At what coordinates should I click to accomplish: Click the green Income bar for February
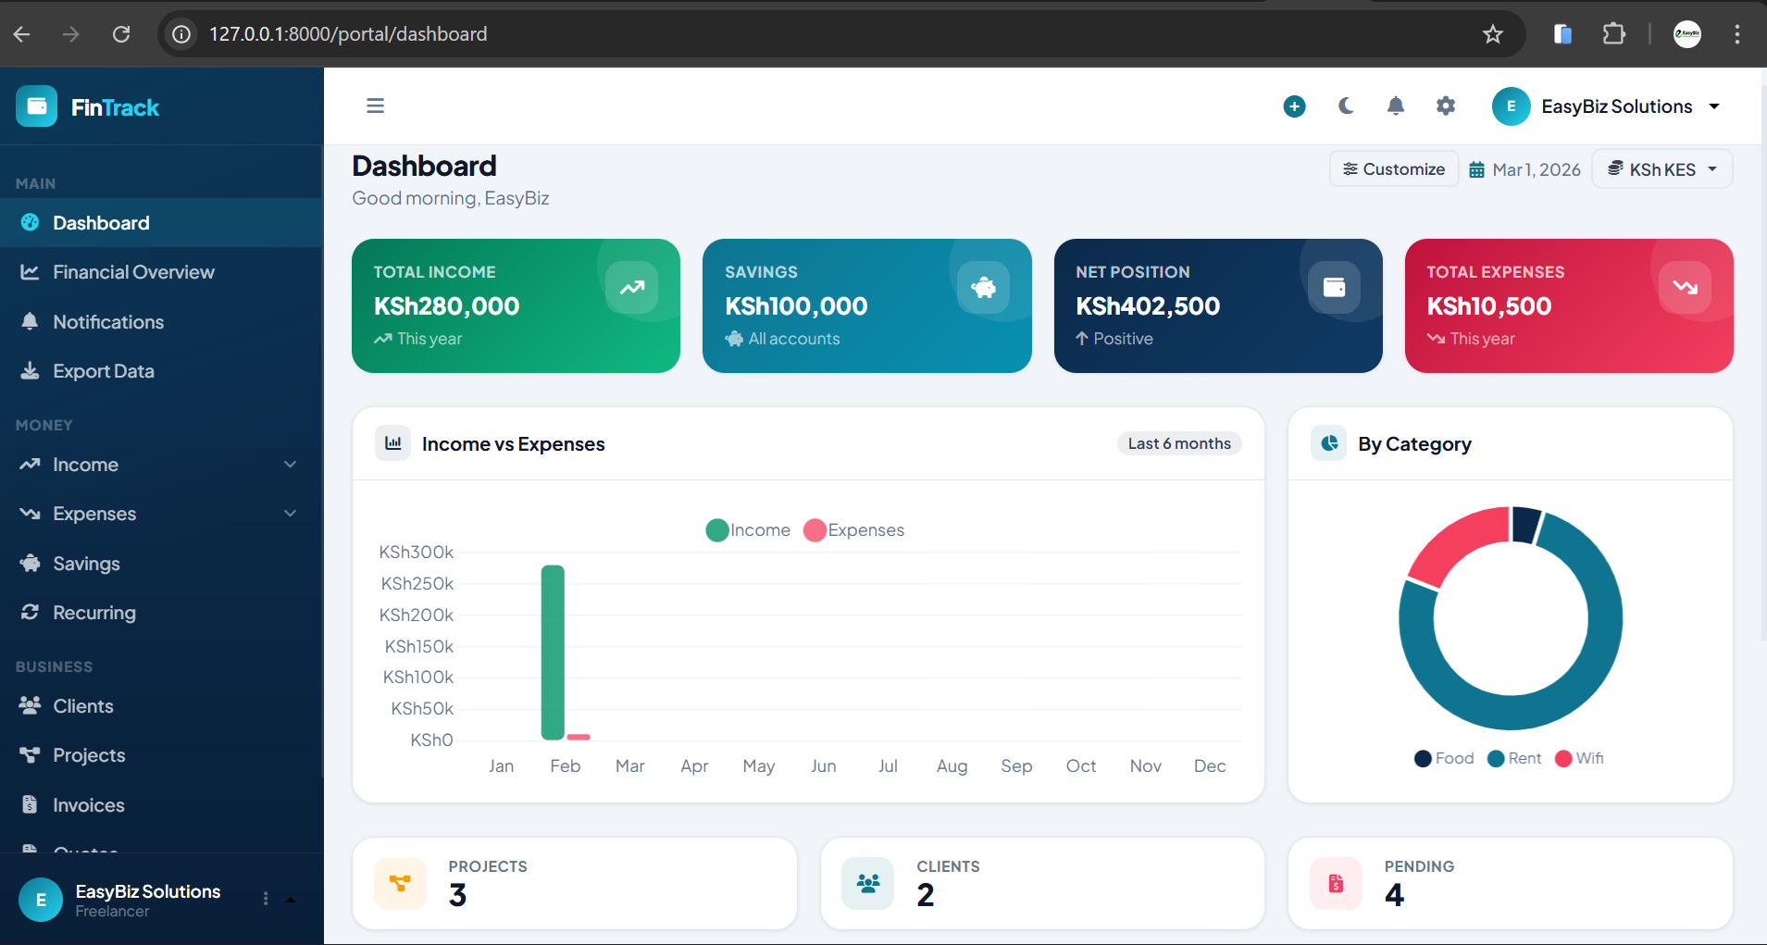(553, 652)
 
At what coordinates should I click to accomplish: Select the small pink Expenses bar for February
(579, 737)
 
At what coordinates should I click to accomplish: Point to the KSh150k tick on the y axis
(419, 646)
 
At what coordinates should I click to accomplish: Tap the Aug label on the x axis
(952, 766)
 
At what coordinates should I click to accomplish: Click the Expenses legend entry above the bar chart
(854, 530)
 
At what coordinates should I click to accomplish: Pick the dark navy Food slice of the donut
(1524, 524)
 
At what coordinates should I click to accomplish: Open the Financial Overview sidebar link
(133, 272)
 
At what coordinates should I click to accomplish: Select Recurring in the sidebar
(93, 613)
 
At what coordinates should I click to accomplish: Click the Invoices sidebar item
(88, 805)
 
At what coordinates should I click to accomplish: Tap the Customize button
(1394, 169)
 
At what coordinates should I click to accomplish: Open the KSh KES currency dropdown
(1662, 169)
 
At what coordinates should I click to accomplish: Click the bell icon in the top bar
(1396, 106)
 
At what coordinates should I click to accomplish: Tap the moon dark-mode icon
(1346, 106)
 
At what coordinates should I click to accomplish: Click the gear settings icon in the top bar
(1446, 106)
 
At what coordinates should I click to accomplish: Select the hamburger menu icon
(375, 106)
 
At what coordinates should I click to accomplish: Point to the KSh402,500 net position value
(1148, 306)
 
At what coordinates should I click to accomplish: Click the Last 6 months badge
(1179, 443)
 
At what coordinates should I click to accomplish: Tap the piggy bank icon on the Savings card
(983, 288)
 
